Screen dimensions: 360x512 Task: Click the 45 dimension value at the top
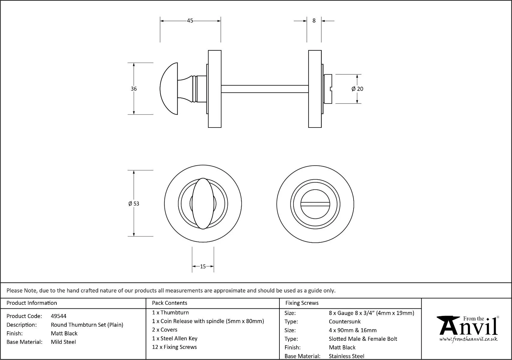click(190, 21)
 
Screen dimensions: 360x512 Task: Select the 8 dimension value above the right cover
click(314, 21)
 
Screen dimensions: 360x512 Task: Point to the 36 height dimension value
click(134, 89)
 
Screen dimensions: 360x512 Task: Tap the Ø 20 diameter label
click(357, 89)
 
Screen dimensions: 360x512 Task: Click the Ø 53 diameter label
click(134, 204)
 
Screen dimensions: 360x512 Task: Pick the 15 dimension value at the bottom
click(203, 266)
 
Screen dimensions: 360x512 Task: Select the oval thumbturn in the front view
click(203, 204)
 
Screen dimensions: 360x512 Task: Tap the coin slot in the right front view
click(315, 204)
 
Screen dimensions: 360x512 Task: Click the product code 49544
click(59, 316)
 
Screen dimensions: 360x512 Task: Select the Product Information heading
click(32, 303)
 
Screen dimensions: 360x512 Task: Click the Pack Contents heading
click(170, 303)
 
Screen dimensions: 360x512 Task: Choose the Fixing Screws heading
click(302, 303)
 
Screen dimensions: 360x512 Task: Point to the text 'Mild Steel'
click(63, 342)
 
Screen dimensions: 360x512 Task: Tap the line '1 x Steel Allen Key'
click(175, 338)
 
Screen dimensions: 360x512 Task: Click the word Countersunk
click(345, 322)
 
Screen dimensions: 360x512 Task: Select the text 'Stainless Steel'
click(346, 356)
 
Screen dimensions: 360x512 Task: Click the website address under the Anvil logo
click(468, 339)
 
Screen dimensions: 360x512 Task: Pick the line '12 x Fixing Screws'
click(174, 347)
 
